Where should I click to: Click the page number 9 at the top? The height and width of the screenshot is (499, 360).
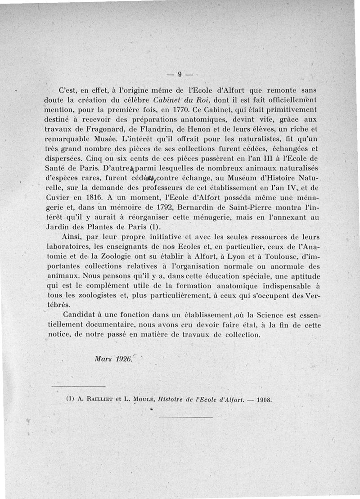click(x=179, y=75)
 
